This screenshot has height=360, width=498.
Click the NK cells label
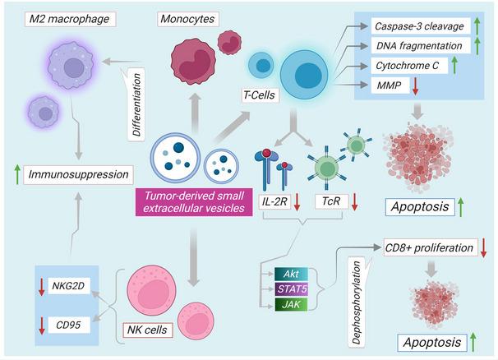point(149,329)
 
